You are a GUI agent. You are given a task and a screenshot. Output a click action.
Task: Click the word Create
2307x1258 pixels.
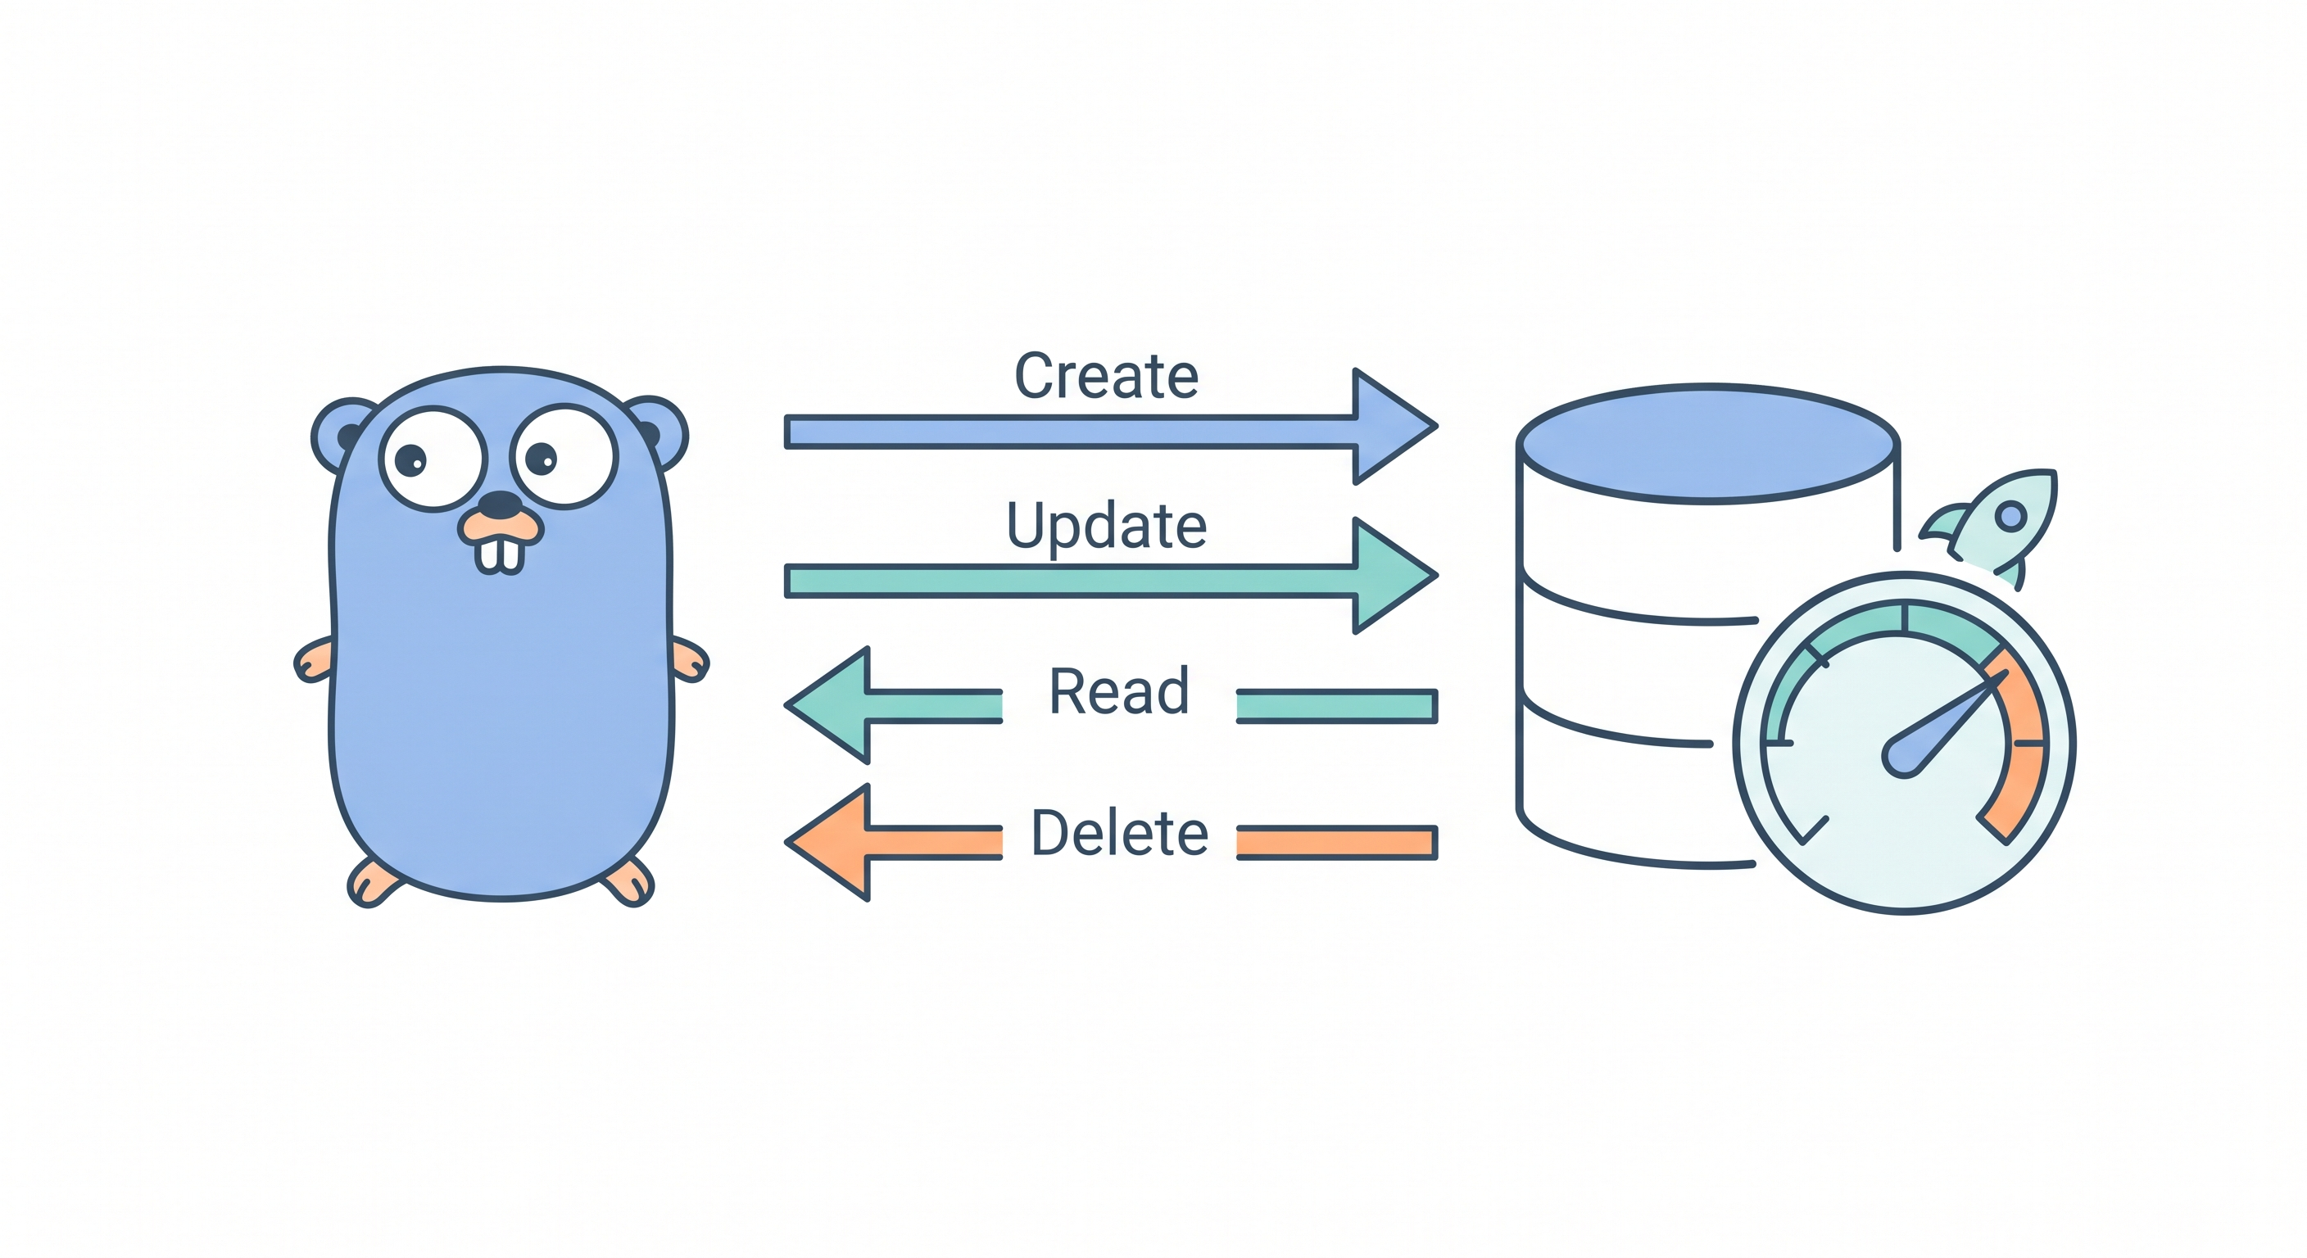tap(1106, 376)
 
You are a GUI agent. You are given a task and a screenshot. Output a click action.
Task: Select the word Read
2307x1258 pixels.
tap(1118, 692)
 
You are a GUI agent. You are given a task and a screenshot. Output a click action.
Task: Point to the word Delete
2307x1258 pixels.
tap(1119, 833)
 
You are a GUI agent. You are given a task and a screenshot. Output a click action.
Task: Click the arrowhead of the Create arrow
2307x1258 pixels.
tap(1388, 427)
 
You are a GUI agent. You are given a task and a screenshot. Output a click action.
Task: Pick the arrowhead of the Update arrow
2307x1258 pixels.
tap(1388, 576)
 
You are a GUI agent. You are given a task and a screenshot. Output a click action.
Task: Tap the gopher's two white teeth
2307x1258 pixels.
tap(500, 554)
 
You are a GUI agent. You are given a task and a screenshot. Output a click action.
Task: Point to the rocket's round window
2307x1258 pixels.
tap(2011, 517)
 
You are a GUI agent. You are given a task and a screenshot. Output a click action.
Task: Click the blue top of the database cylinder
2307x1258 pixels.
tap(1708, 444)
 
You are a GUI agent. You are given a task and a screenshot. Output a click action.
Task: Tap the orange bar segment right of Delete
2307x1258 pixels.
tap(1336, 843)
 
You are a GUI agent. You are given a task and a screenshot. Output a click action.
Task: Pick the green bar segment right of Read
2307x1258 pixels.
tap(1336, 705)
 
